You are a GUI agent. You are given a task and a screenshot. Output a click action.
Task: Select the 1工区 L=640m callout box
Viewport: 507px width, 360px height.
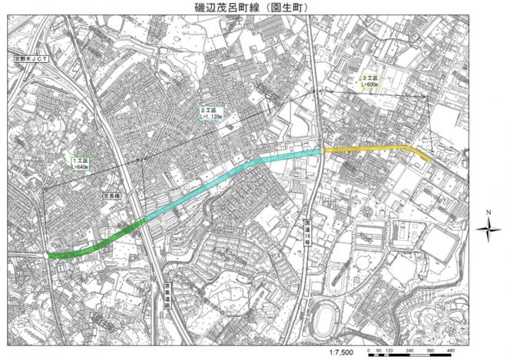(x=80, y=163)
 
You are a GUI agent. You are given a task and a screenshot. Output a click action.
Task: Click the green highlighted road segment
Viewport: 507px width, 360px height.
(x=96, y=244)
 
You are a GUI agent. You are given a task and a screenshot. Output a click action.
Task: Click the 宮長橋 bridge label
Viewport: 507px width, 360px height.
(x=113, y=196)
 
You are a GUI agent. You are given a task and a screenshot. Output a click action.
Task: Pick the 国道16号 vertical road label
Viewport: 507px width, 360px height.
(x=306, y=230)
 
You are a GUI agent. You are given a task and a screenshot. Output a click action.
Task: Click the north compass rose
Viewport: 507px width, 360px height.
(x=488, y=228)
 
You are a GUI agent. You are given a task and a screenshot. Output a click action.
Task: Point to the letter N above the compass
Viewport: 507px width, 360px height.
(x=488, y=211)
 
